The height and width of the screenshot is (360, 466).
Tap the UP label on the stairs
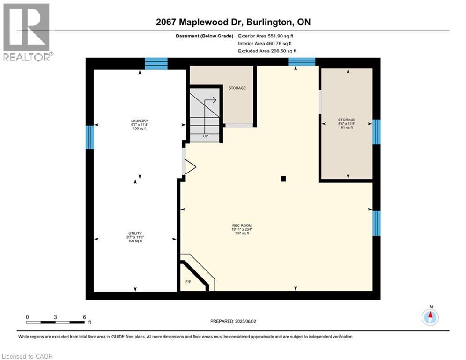(205, 136)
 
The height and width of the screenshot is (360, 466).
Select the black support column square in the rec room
(283, 178)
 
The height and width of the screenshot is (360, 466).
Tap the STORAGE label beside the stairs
(237, 88)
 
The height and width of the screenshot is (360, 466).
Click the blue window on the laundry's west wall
(90, 136)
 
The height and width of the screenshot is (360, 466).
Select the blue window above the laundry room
(156, 63)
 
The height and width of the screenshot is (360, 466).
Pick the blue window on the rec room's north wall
(302, 61)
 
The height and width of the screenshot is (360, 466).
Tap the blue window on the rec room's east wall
(376, 223)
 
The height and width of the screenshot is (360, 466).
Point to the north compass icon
(429, 317)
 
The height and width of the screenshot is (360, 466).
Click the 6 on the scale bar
(84, 317)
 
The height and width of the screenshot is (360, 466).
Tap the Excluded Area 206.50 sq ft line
(267, 51)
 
